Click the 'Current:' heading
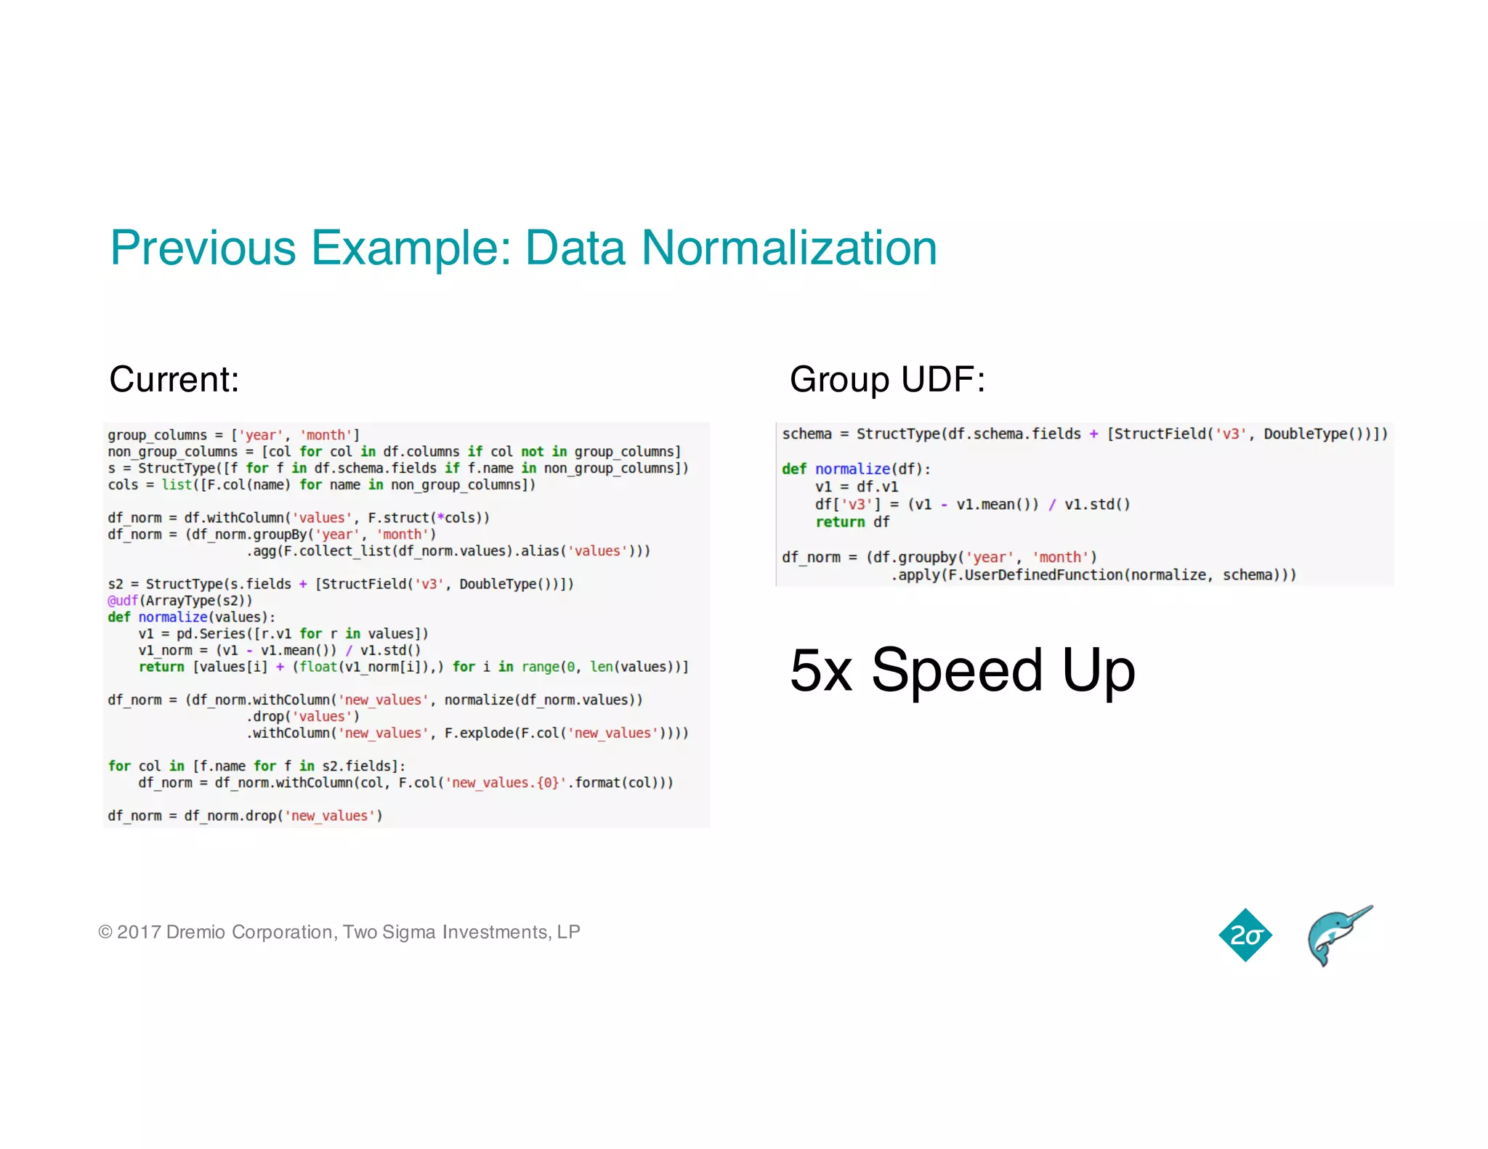174,379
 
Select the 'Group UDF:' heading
887,379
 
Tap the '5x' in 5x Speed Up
821,670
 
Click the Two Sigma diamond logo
1245,935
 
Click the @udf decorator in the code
123,601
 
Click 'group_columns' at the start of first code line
157,435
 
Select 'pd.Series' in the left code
211,634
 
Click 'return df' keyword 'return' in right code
840,522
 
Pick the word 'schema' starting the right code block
806,434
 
